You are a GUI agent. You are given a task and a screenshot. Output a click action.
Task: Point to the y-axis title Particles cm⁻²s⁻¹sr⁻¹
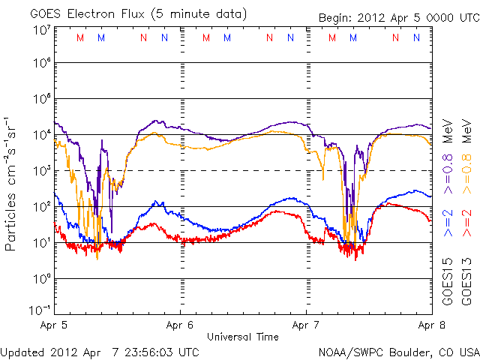pyautogui.click(x=11, y=184)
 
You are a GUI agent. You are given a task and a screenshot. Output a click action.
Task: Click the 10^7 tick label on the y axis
pyautogui.click(x=41, y=31)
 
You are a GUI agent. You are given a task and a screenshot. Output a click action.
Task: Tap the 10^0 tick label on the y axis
pyautogui.click(x=41, y=279)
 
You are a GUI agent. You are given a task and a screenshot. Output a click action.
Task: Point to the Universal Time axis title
pyautogui.click(x=242, y=337)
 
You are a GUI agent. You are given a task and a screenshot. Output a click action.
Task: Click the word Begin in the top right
pyautogui.click(x=334, y=17)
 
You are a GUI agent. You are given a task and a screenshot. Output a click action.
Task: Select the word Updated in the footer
pyautogui.click(x=22, y=351)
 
